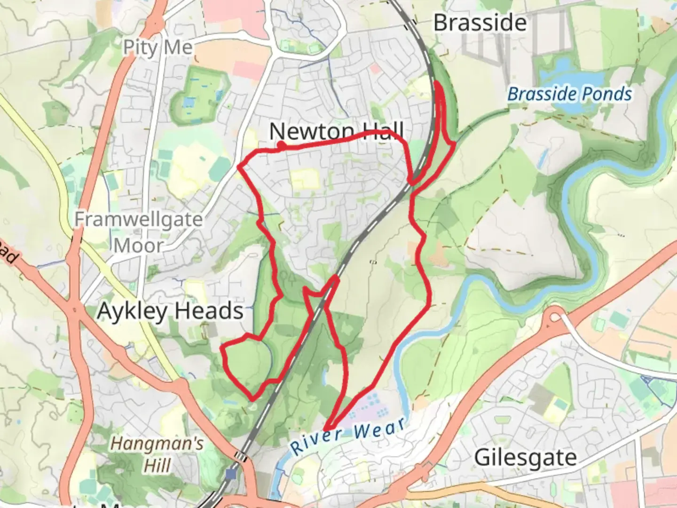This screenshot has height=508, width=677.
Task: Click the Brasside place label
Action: (x=480, y=23)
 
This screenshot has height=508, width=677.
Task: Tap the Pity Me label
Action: (x=158, y=47)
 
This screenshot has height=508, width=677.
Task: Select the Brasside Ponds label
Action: (x=569, y=94)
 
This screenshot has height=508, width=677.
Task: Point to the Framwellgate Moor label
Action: (x=138, y=232)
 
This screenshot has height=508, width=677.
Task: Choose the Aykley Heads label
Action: (x=170, y=311)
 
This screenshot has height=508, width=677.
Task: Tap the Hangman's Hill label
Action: (x=157, y=454)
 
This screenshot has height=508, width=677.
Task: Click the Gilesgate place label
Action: (x=525, y=457)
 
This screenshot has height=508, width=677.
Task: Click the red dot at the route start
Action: (x=281, y=145)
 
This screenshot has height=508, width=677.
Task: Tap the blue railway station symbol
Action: (x=230, y=474)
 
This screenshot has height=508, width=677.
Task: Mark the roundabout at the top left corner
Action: (x=154, y=23)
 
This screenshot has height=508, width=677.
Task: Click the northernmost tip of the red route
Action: (x=437, y=83)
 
